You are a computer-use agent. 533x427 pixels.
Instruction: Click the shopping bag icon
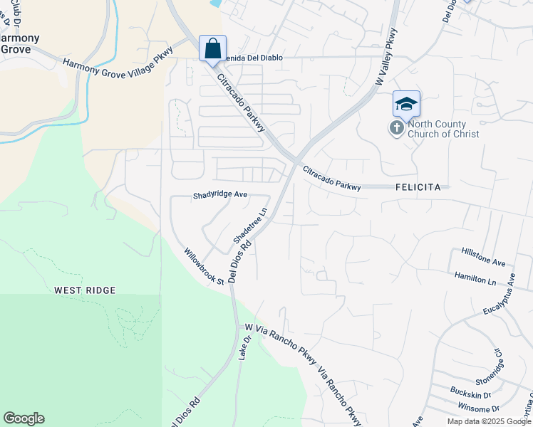(x=212, y=49)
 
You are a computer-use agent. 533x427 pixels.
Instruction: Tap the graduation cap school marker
(x=406, y=105)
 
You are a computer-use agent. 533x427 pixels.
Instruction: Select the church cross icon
(x=395, y=128)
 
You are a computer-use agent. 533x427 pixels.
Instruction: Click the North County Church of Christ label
(x=443, y=128)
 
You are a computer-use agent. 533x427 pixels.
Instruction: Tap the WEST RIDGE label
(x=85, y=290)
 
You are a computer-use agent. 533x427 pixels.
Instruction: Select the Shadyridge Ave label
(x=220, y=194)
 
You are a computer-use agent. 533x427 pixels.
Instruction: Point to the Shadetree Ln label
(x=250, y=224)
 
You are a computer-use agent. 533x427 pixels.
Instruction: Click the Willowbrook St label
(x=204, y=266)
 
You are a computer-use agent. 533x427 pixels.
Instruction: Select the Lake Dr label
(x=244, y=349)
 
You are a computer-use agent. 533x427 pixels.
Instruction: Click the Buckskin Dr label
(x=470, y=392)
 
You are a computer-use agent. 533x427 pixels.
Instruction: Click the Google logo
(x=24, y=418)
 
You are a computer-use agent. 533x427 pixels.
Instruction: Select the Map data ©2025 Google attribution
(x=488, y=421)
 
